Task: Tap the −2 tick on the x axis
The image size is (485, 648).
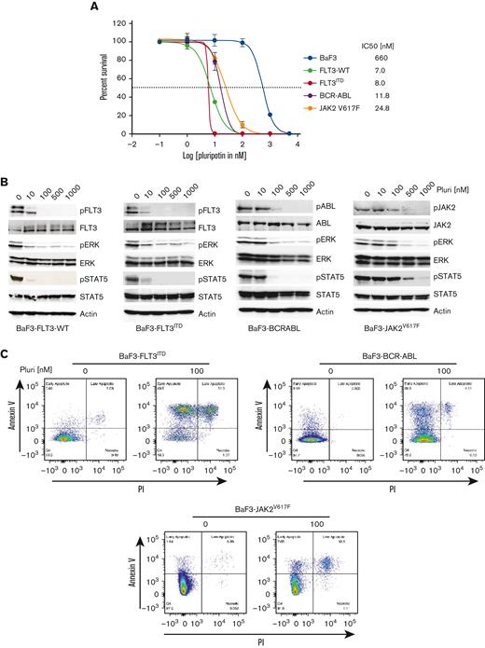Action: (x=130, y=143)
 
